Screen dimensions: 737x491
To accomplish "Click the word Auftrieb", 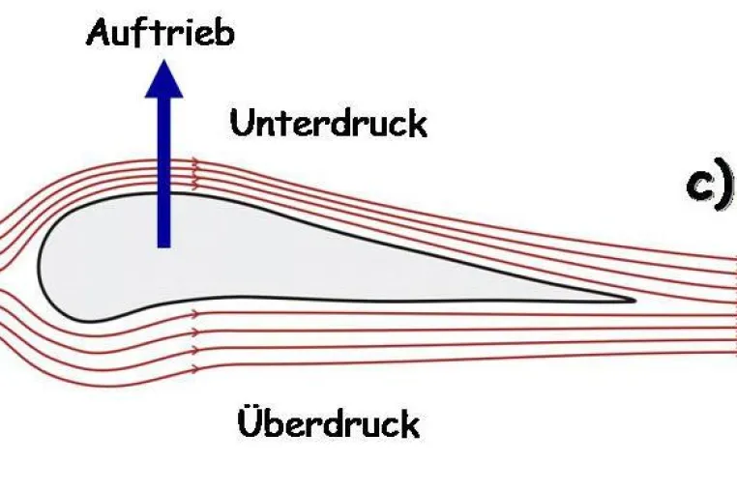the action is (x=161, y=32).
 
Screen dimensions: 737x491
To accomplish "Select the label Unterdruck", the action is (x=329, y=123).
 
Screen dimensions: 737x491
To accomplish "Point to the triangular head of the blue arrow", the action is (x=163, y=80).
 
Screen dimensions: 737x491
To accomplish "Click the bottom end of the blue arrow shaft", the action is (x=163, y=246).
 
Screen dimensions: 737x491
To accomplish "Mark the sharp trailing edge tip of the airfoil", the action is (x=634, y=300).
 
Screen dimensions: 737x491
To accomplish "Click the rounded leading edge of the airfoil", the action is (x=40, y=266).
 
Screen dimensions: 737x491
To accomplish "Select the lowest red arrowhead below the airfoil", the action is (x=193, y=369).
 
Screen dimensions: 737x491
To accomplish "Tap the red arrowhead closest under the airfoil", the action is (x=195, y=313).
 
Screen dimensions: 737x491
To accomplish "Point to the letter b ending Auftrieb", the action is (x=224, y=33).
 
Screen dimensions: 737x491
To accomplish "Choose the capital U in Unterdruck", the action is (x=242, y=124).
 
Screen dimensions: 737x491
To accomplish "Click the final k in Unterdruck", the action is (x=418, y=124).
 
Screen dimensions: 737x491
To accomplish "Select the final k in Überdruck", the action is (x=410, y=424).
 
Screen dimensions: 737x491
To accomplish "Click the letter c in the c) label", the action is (x=699, y=187).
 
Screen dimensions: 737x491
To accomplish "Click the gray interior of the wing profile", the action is (x=282, y=263).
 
